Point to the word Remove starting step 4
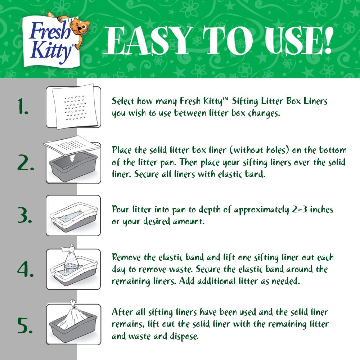tap(127, 258)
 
